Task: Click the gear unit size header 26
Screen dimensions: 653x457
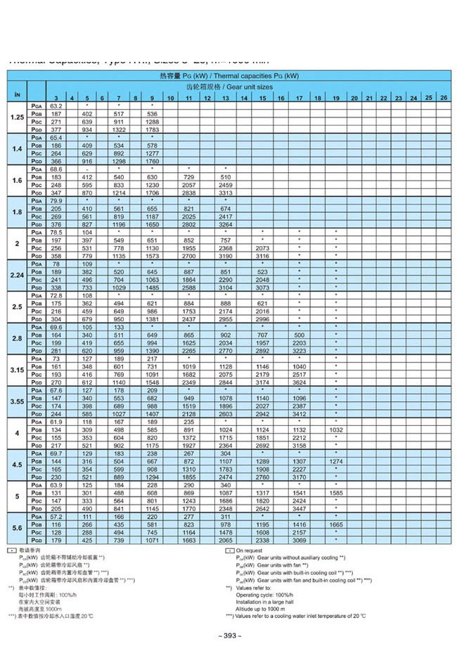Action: tap(443, 97)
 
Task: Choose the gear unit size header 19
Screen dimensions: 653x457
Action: tap(336, 98)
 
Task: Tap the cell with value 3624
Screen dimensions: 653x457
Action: tap(299, 382)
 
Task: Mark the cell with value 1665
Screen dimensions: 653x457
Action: tap(336, 524)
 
